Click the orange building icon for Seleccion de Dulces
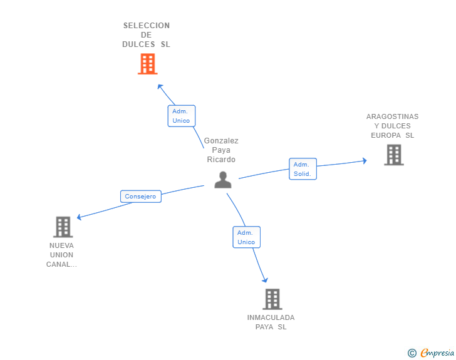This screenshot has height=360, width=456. tap(147, 64)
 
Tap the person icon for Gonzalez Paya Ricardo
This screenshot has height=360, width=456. tap(223, 180)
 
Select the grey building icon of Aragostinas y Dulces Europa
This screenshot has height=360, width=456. tap(393, 155)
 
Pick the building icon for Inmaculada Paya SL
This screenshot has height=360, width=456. tap(272, 299)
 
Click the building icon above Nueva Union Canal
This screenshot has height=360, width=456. tap(63, 227)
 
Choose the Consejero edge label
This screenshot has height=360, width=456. tap(140, 197)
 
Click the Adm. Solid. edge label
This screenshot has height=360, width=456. tap(303, 169)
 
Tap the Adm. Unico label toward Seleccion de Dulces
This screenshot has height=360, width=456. tap(181, 116)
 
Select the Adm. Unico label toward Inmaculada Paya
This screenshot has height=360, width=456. tap(246, 237)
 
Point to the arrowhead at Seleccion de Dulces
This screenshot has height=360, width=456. tap(160, 86)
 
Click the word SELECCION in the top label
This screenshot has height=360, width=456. tap(147, 26)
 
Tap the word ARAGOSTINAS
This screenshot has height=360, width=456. tap(393, 116)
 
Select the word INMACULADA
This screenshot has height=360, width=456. tap(271, 317)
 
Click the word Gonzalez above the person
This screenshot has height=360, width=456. tap(221, 141)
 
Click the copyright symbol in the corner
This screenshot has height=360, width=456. tap(412, 353)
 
